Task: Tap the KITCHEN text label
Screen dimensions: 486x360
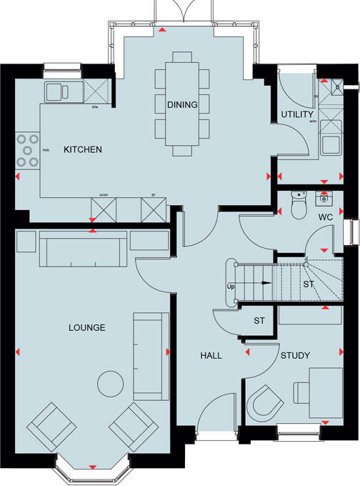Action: tap(83, 150)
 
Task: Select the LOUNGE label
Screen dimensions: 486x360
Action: tap(88, 328)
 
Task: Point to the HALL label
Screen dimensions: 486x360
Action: tap(210, 355)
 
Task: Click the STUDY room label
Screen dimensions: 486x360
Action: tap(294, 355)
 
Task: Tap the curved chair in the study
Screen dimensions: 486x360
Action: tap(266, 403)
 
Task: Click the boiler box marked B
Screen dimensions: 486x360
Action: tap(338, 87)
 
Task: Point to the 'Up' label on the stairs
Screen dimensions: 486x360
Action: tap(231, 287)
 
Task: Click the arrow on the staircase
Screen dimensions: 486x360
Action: tap(265, 284)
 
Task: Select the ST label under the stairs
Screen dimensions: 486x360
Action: tap(309, 284)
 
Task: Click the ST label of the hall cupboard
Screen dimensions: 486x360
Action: tap(259, 321)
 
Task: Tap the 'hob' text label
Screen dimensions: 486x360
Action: tap(46, 151)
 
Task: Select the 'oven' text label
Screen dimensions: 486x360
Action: tap(103, 194)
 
